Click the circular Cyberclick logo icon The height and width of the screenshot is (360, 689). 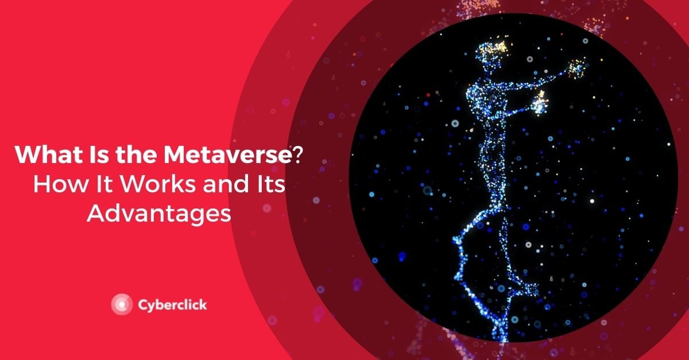(x=122, y=304)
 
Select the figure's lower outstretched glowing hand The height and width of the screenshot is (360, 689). (x=540, y=104)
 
